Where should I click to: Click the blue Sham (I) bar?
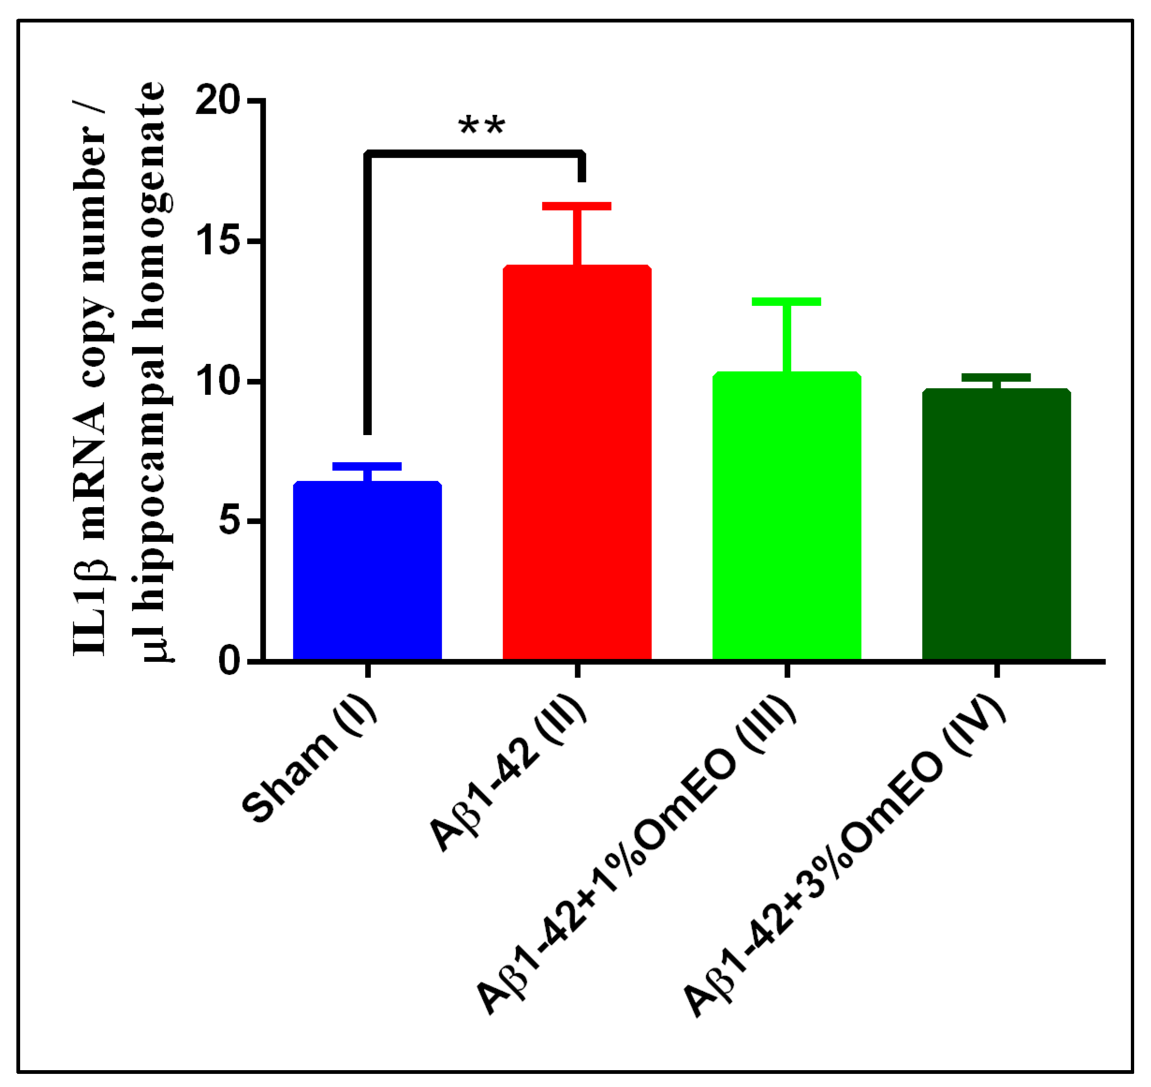point(367,571)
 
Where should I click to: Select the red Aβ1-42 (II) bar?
point(577,464)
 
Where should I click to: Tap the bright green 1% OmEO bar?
point(786,516)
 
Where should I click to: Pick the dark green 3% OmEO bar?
point(996,525)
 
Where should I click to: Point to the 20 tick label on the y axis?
point(218,102)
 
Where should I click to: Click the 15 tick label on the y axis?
point(218,242)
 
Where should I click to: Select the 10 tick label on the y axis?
point(218,381)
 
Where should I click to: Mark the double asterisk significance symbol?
point(482,126)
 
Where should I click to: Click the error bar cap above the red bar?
point(577,206)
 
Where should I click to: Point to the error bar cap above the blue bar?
point(367,466)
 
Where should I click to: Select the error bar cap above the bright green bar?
point(786,301)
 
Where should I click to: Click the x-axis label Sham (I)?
point(310,759)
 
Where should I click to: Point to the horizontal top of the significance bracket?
point(475,154)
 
